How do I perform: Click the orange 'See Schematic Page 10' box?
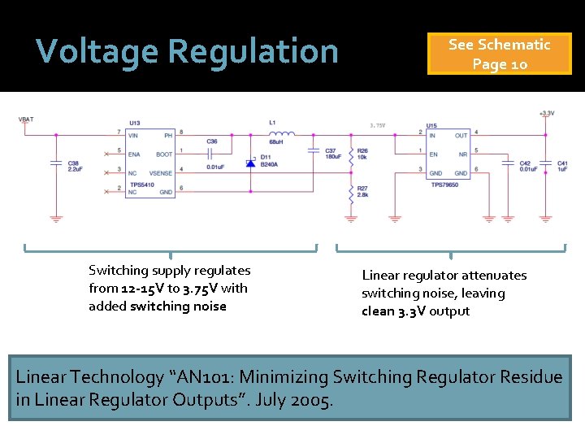tap(499, 54)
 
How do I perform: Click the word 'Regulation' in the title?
tap(253, 51)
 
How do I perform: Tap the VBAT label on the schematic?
tap(26, 120)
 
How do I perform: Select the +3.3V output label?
tap(546, 114)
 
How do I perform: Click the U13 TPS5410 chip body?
tap(151, 163)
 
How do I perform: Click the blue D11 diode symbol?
tap(250, 163)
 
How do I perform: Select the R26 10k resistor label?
tap(362, 154)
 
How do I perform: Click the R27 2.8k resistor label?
tap(363, 192)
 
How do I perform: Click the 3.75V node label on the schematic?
tap(378, 126)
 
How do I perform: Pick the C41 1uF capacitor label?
tap(562, 166)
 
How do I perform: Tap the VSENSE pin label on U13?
tap(161, 172)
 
